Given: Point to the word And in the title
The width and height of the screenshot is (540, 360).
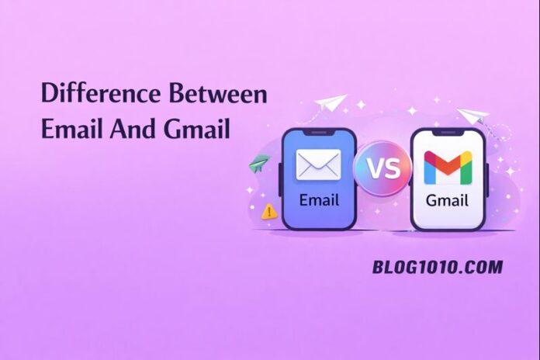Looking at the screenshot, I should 132,128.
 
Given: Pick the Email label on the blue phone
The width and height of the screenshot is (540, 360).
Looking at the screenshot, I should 318,200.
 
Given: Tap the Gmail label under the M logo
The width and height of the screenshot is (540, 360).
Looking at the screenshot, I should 447,200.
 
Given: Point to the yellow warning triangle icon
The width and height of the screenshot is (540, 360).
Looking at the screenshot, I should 269,211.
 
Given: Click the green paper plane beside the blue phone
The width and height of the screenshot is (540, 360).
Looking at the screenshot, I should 258,164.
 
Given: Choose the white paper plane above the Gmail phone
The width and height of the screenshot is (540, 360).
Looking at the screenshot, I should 472,116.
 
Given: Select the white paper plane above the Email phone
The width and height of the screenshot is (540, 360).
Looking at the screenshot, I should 331,104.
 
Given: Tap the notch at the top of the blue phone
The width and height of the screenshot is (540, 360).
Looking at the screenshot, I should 318,133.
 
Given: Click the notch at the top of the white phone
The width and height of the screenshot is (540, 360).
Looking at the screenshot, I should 447,133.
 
